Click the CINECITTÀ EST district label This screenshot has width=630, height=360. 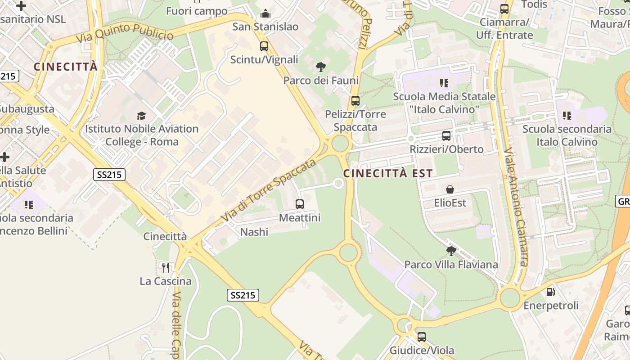pos(388,173)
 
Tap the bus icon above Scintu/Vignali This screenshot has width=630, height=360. pos(264,46)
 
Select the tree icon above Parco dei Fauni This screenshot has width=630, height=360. pos(321,67)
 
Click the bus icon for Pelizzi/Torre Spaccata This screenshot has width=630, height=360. pos(355,101)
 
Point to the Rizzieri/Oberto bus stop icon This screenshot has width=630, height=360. pos(446,136)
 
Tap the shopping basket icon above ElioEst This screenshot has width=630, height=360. pos(450,189)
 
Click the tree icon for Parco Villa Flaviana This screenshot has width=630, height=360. pos(451,251)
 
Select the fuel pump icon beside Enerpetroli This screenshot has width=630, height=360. pos(550,292)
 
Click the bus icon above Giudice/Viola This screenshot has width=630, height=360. pos(422,337)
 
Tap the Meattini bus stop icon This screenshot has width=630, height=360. pos(300,204)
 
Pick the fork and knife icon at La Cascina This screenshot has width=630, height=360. pos(166,268)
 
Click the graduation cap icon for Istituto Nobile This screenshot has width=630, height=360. pos(142,116)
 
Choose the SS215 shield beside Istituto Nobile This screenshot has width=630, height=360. pos(109,175)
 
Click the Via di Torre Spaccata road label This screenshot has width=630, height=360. pos(269,190)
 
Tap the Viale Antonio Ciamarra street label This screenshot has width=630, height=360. pos(516,207)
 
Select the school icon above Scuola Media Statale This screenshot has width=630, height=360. pos(444,83)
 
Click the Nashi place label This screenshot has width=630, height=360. pos(254,232)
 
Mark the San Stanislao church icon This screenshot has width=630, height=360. pos(265,13)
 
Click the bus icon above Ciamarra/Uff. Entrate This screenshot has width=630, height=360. pos(504,9)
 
